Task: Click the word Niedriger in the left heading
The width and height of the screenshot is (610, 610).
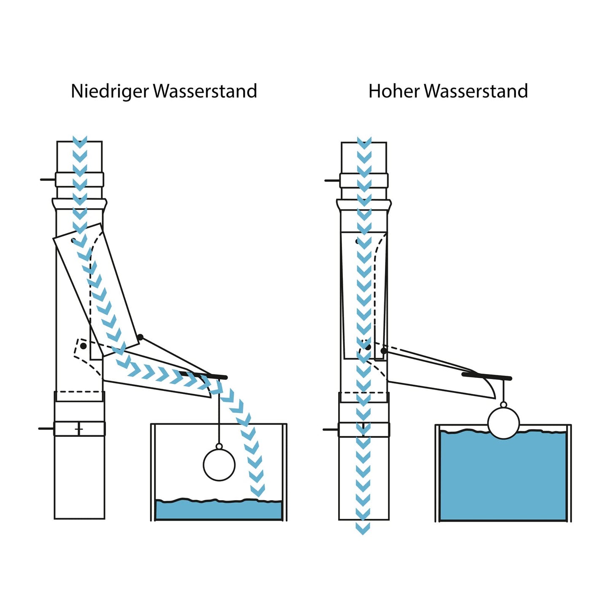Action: point(110,91)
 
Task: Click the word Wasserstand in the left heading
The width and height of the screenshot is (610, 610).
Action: point(205,91)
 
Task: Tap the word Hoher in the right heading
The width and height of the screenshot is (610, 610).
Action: point(394,91)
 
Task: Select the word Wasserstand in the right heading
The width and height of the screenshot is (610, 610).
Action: point(476,91)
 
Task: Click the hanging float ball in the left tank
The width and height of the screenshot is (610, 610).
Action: point(219,464)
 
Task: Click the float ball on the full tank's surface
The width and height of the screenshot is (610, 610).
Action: point(503,423)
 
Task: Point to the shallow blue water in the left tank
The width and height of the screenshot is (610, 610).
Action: point(219,510)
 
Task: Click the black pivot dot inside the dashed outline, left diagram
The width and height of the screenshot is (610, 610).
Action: point(83,346)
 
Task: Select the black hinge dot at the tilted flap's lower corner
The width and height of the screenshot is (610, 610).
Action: point(140,337)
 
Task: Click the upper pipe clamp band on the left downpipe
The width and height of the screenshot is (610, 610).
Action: point(79,179)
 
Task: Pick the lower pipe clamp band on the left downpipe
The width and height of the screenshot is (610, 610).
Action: point(79,428)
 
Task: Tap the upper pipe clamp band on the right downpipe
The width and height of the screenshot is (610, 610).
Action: point(364,181)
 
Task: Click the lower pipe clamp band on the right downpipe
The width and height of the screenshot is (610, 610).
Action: point(364,429)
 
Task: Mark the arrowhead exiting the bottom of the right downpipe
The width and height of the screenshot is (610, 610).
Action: point(363,528)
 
